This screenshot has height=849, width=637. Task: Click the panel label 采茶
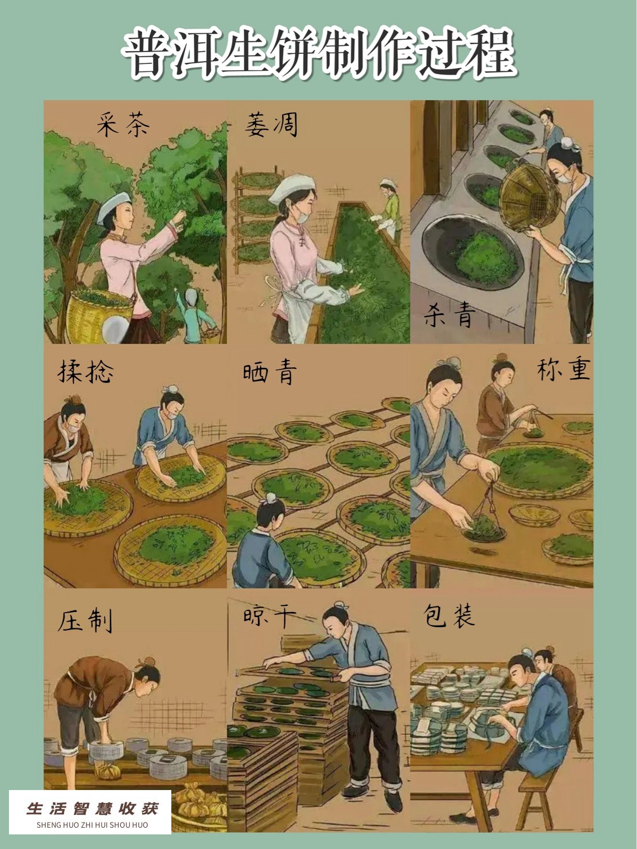click(123, 124)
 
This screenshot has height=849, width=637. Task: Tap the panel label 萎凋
click(271, 124)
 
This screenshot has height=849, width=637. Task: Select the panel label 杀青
click(449, 314)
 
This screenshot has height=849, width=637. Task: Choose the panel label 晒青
click(270, 372)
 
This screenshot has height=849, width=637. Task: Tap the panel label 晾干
click(270, 617)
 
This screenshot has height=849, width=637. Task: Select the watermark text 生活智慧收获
click(93, 808)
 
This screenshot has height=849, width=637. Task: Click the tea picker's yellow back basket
click(99, 315)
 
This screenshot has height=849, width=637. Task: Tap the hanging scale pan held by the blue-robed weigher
click(484, 528)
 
